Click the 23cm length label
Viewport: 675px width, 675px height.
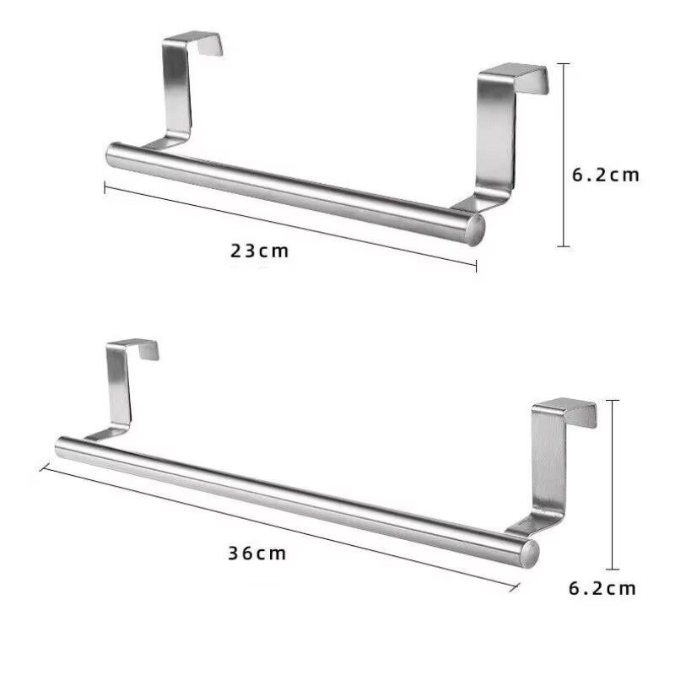[x=260, y=251]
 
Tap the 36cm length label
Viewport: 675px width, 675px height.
[x=257, y=553]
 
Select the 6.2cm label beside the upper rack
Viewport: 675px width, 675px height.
[x=606, y=175]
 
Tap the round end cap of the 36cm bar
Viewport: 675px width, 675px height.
[x=529, y=553]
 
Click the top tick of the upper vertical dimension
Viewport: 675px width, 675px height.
[x=565, y=63]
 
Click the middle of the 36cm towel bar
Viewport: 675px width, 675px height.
[x=295, y=498]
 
